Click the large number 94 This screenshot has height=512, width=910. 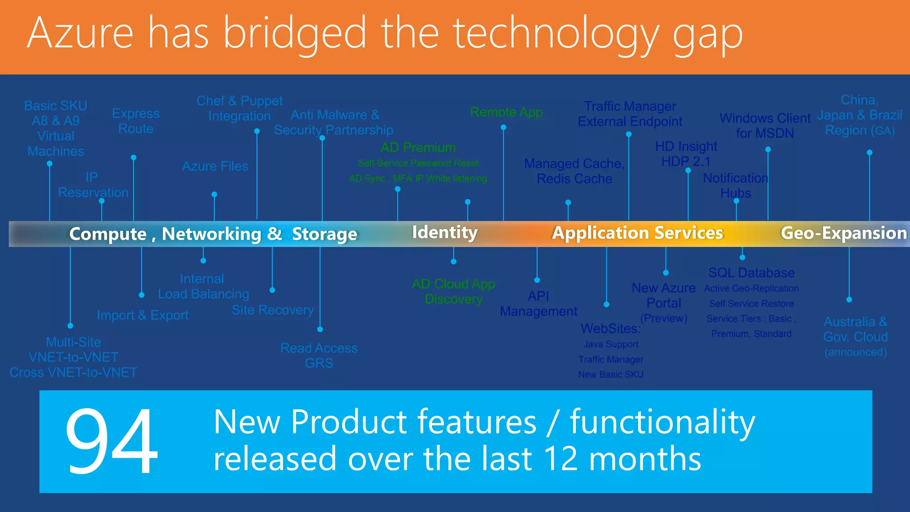pyautogui.click(x=111, y=441)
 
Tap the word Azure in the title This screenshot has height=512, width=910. pyautogui.click(x=80, y=33)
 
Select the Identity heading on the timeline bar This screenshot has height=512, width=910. pyautogui.click(x=445, y=232)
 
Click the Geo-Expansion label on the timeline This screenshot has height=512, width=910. pyautogui.click(x=843, y=233)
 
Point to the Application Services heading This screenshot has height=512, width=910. pyautogui.click(x=637, y=233)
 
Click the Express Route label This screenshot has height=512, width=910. pyautogui.click(x=136, y=121)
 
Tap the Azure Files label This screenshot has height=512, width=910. pyautogui.click(x=215, y=166)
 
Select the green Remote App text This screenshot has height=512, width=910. pyautogui.click(x=506, y=112)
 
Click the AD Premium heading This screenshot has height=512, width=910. pyautogui.click(x=418, y=148)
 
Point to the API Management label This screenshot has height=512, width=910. pyautogui.click(x=538, y=304)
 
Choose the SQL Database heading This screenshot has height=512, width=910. pyautogui.click(x=751, y=272)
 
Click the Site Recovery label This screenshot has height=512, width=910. pyautogui.click(x=272, y=310)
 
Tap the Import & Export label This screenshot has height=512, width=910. pyautogui.click(x=143, y=315)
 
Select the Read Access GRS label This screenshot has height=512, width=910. pyautogui.click(x=319, y=355)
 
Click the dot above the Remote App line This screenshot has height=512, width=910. pyautogui.click(x=503, y=128)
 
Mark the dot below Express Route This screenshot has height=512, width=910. pyautogui.click(x=133, y=158)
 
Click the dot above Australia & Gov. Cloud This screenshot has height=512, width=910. pyautogui.click(x=849, y=300)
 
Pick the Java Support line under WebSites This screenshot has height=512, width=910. pyautogui.click(x=611, y=344)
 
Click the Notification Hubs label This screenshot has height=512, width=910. pyautogui.click(x=735, y=185)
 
